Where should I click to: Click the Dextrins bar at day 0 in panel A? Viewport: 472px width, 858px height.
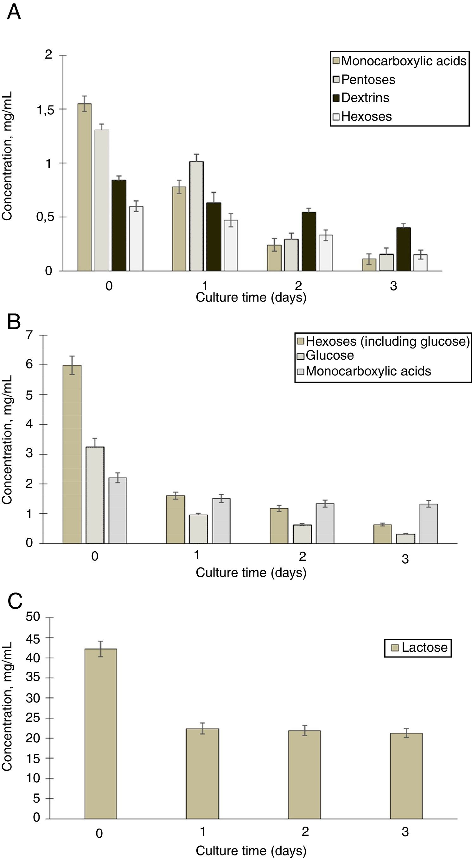click(x=119, y=226)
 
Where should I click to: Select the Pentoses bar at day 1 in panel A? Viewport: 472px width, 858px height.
click(x=196, y=216)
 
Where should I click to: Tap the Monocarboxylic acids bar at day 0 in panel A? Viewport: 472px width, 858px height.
click(x=85, y=187)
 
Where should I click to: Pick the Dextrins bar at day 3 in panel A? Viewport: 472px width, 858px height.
click(x=403, y=249)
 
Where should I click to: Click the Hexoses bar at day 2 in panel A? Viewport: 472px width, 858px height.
click(x=326, y=253)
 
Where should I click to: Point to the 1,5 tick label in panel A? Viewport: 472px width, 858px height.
click(x=45, y=110)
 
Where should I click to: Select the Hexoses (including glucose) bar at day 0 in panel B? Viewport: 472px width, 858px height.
click(x=72, y=454)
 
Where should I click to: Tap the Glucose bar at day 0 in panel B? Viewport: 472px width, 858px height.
click(x=95, y=495)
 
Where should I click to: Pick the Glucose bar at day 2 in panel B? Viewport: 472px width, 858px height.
click(x=302, y=534)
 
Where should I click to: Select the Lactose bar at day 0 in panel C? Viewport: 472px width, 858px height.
click(x=101, y=734)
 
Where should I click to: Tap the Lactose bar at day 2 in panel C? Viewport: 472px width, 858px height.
click(x=304, y=775)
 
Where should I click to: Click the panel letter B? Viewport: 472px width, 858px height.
click(x=14, y=322)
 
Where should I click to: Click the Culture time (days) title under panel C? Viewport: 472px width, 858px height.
click(x=251, y=850)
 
